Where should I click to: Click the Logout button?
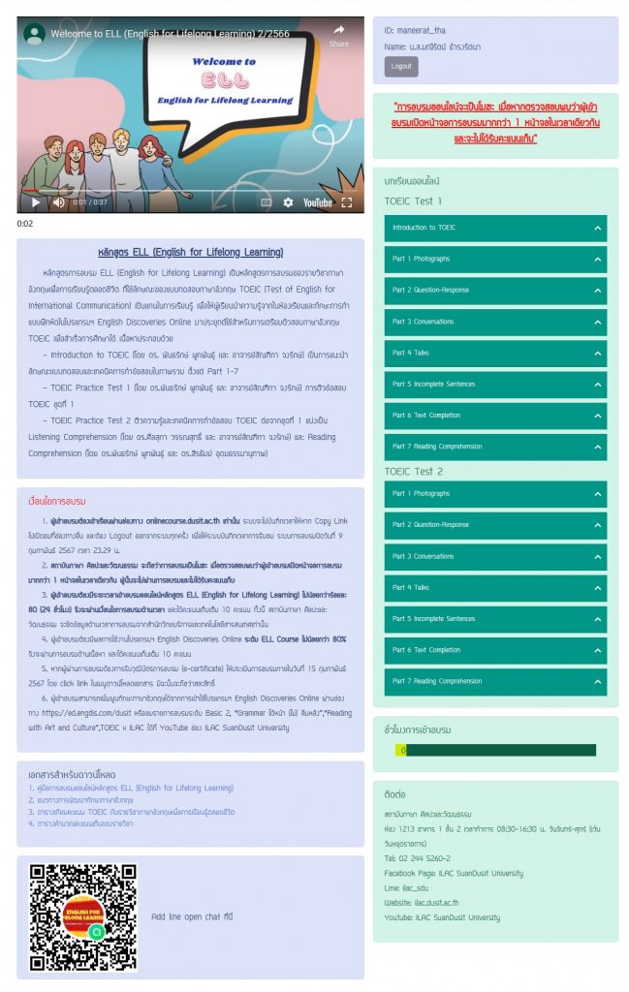(401, 67)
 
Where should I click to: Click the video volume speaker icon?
(59, 202)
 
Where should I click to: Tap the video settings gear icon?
(288, 202)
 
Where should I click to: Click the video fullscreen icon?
(346, 202)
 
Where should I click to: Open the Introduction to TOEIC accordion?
(495, 228)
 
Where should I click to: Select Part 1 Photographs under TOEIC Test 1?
(495, 259)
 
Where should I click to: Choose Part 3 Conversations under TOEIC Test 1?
(495, 322)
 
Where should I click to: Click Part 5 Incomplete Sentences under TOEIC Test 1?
(495, 384)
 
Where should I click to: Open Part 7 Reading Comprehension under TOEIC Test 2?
(495, 681)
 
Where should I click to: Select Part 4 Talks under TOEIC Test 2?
(495, 588)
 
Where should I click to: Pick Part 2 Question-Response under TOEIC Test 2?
(495, 525)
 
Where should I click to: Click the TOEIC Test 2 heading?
(414, 472)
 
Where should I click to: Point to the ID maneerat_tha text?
(415, 31)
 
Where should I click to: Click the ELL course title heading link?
(190, 252)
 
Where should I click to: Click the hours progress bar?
(495, 750)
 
